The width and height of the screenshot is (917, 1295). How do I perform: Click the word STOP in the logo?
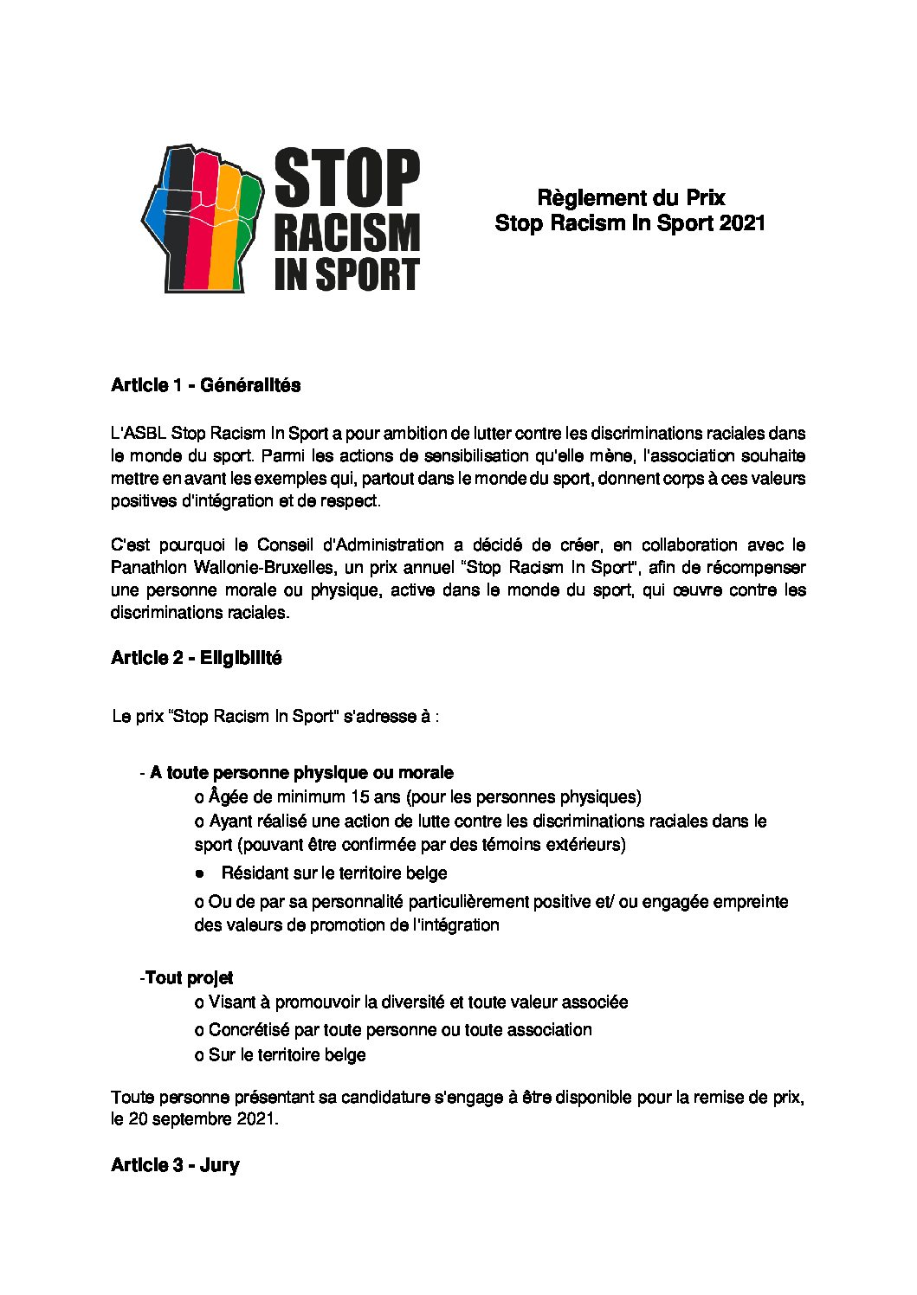(x=347, y=178)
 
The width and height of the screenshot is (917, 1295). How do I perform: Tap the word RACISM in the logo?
(x=347, y=234)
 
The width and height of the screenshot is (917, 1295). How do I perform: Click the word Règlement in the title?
(x=583, y=198)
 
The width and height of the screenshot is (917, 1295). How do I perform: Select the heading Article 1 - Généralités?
(x=205, y=386)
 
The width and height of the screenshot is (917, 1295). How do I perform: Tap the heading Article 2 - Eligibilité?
(x=196, y=658)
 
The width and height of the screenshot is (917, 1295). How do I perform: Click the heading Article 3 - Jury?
(x=175, y=1165)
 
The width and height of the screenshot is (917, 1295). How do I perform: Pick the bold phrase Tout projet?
(x=189, y=978)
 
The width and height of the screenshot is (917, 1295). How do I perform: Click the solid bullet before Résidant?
(x=200, y=873)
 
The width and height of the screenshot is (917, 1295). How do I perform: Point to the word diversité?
(x=399, y=1002)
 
